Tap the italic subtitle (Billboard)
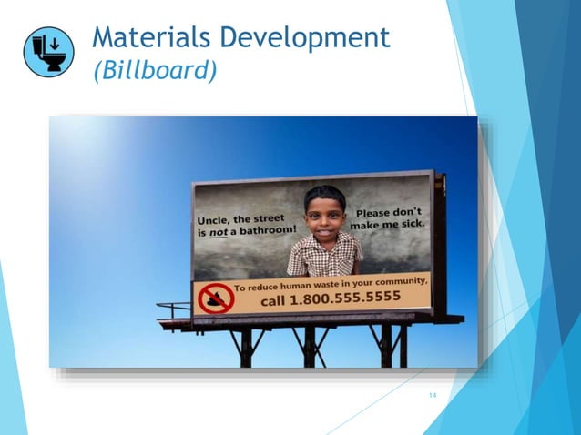pos(154,70)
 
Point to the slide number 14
pos(433,395)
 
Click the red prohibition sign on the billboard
pos(216,298)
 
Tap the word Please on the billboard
pos(376,213)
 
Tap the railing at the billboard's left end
pos(173,310)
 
